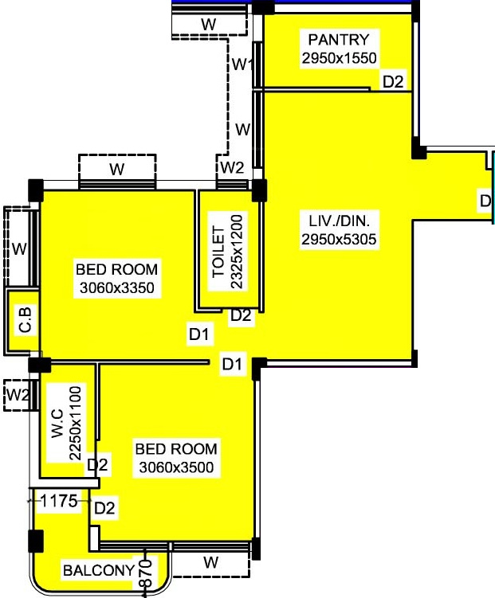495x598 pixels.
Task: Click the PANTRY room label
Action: (339, 40)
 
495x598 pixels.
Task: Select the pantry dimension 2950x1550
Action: (339, 57)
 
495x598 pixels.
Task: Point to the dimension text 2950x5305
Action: (339, 239)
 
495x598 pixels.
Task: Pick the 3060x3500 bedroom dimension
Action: (175, 467)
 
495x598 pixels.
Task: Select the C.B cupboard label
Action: (25, 326)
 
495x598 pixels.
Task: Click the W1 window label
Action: (242, 64)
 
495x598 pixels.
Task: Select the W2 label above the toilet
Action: (232, 167)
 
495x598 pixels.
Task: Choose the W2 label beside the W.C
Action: (17, 393)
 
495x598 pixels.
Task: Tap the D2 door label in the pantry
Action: (394, 80)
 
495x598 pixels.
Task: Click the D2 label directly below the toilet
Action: (241, 316)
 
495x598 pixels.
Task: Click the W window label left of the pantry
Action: (242, 128)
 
